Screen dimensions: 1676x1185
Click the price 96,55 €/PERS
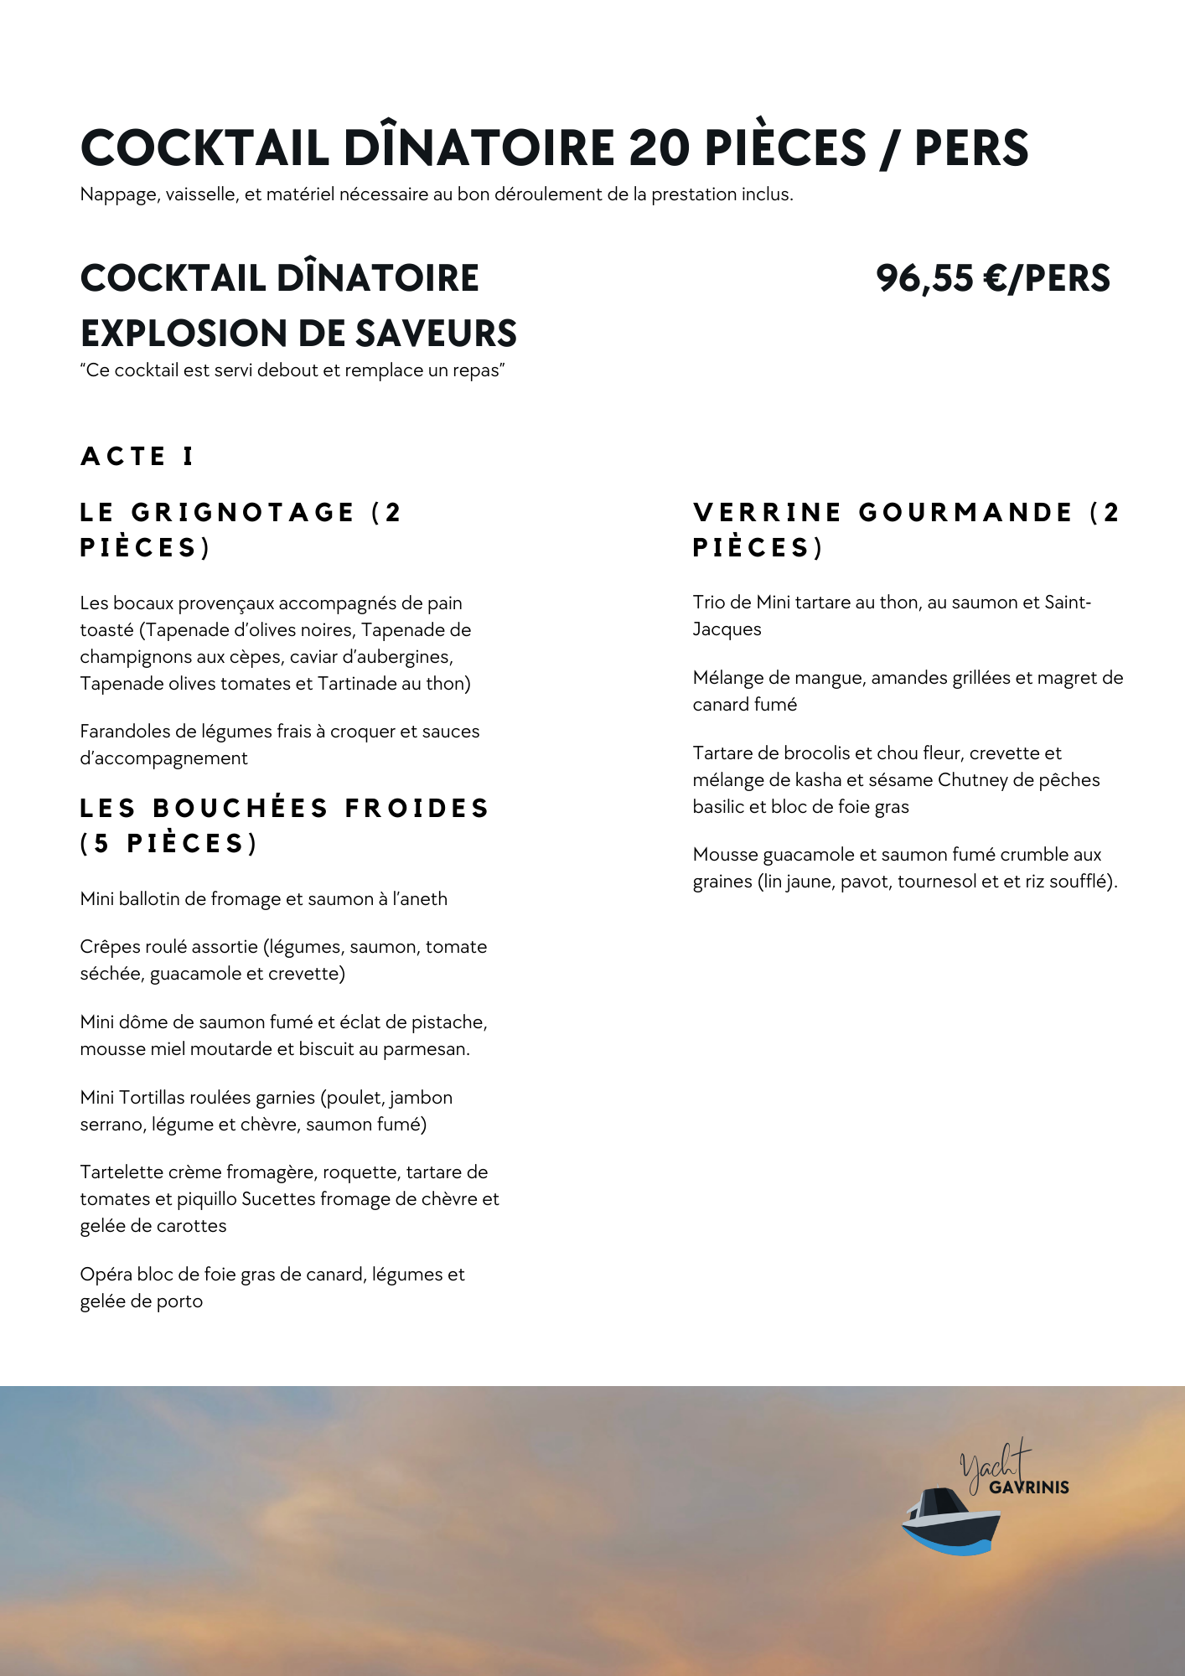[992, 278]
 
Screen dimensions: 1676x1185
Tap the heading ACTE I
[137, 457]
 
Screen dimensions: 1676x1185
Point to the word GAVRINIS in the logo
[1029, 1487]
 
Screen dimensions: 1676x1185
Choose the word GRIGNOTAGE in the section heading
[243, 512]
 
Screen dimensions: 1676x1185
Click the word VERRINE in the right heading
[767, 512]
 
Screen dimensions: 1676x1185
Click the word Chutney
[972, 780]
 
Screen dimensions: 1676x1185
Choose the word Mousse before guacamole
[725, 855]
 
